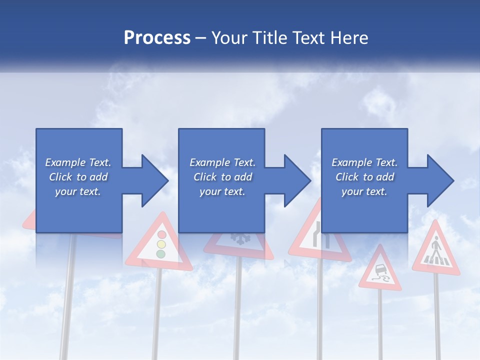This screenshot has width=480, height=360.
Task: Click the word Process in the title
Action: coord(157,38)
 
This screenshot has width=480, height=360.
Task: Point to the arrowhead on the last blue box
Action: coord(438,180)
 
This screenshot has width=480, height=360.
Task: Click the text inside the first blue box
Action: coord(78,177)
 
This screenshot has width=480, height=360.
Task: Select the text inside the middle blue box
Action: coord(222,177)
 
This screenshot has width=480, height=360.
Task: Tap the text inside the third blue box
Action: coord(364,177)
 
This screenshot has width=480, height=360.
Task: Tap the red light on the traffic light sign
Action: coord(161,234)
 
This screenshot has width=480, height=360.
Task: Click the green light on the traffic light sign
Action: coord(160,254)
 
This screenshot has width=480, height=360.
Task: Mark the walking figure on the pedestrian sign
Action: coord(436,247)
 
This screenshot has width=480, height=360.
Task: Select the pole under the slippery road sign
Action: coord(380,325)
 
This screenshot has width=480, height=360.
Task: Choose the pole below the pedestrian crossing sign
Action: coord(437,315)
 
